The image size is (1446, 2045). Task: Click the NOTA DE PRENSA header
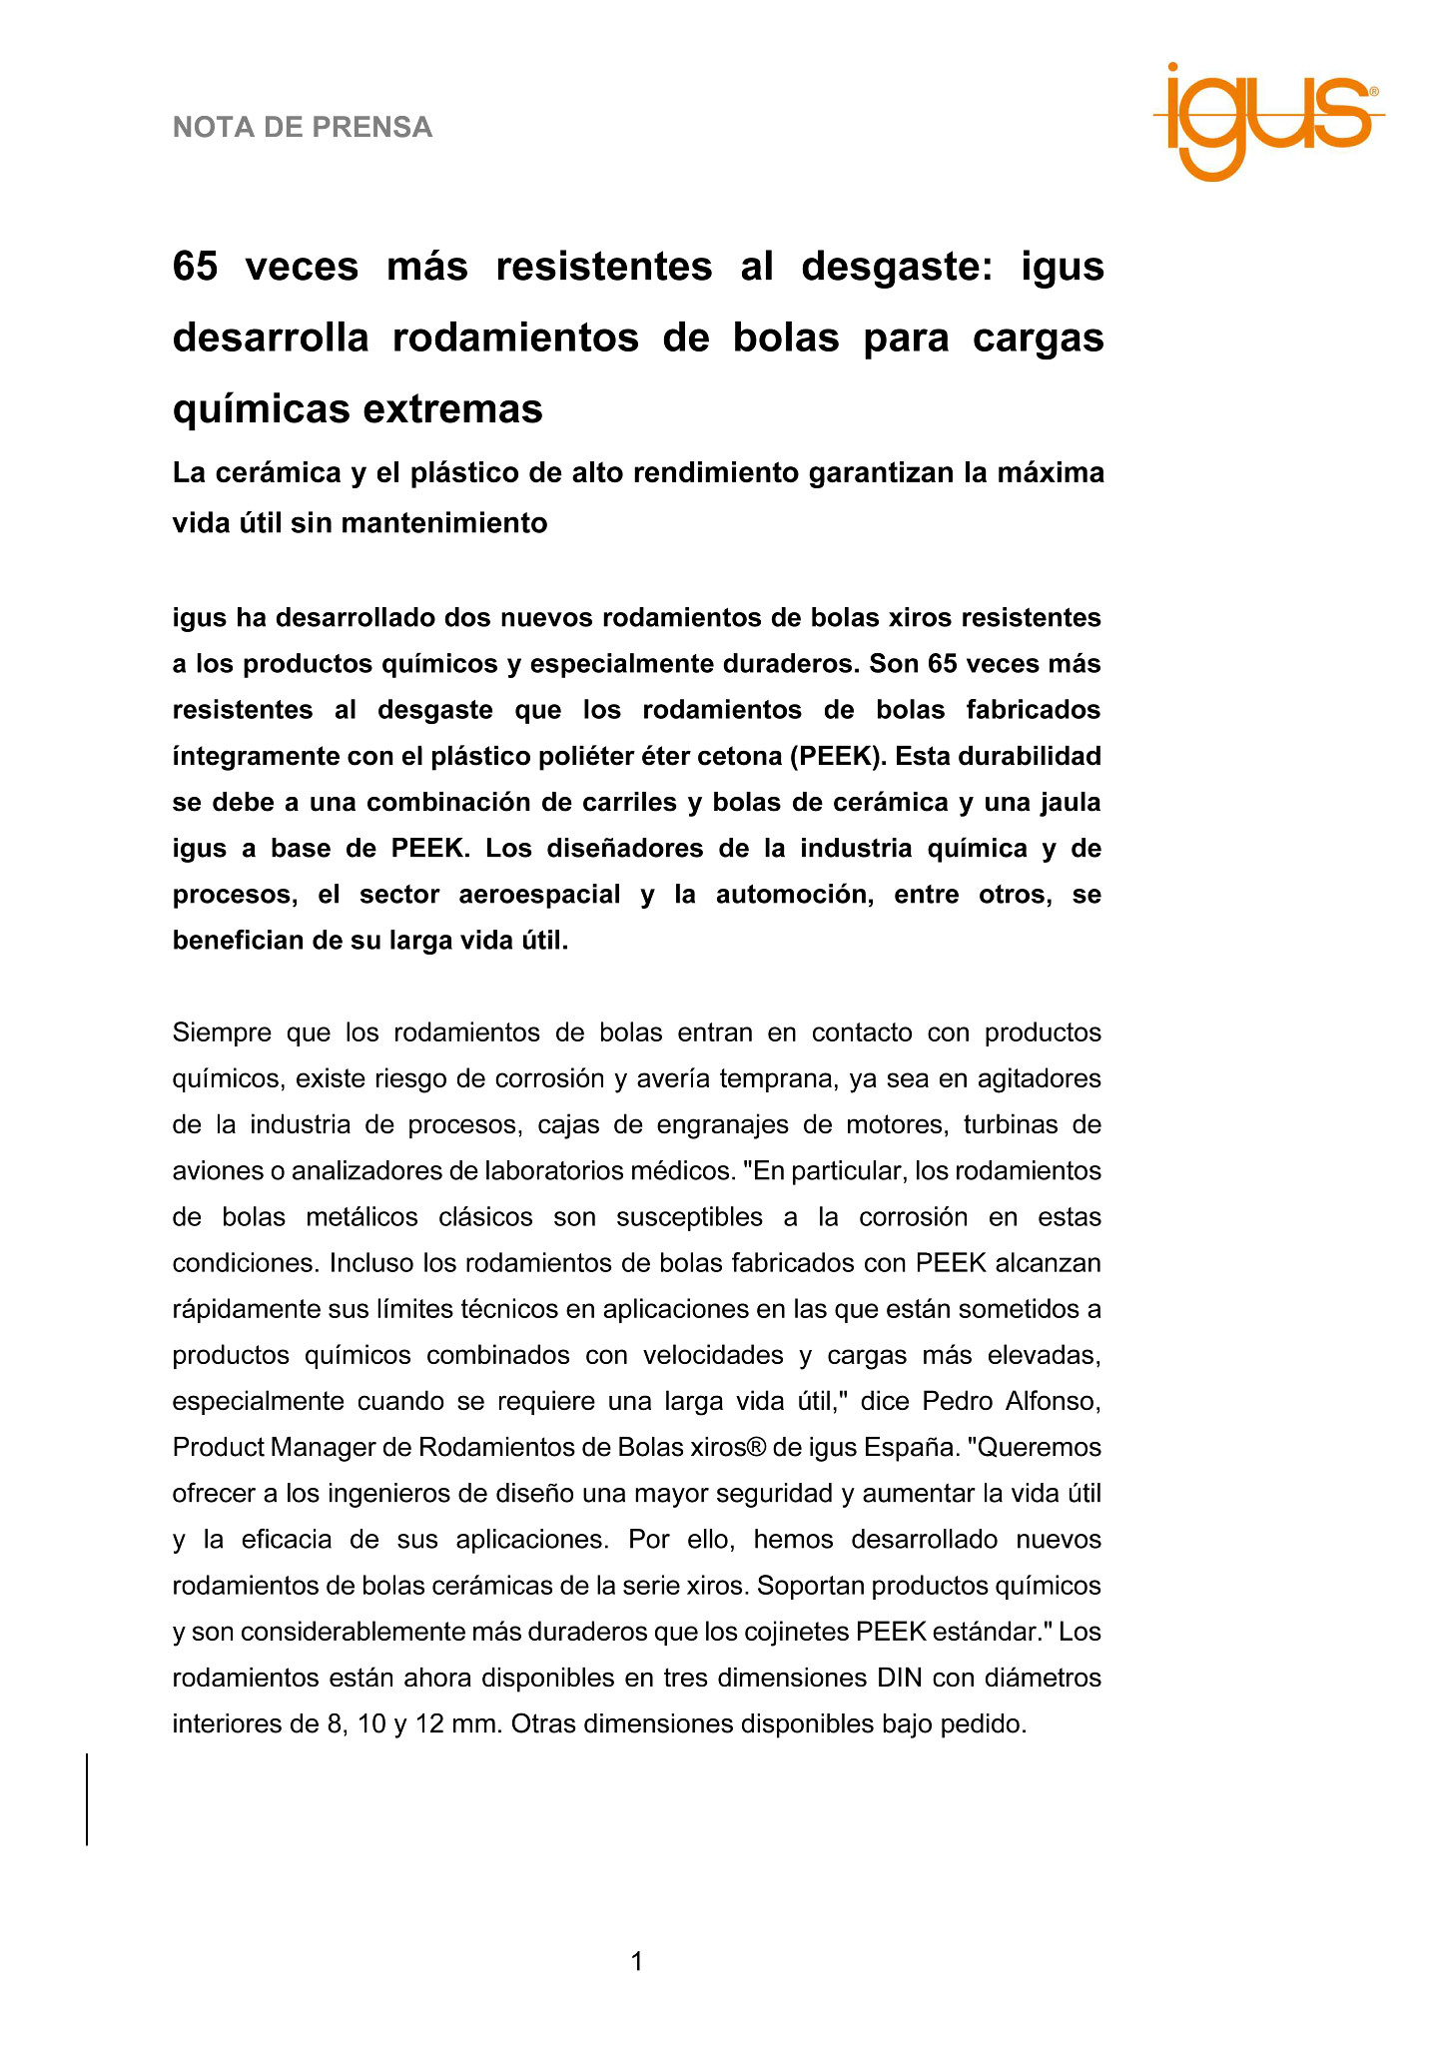303,127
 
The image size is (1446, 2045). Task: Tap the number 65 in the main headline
196,267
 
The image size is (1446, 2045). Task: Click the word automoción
794,894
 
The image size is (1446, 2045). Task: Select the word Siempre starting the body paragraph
222,1031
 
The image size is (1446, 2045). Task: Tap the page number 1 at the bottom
637,1962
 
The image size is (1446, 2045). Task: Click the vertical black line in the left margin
87,1798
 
